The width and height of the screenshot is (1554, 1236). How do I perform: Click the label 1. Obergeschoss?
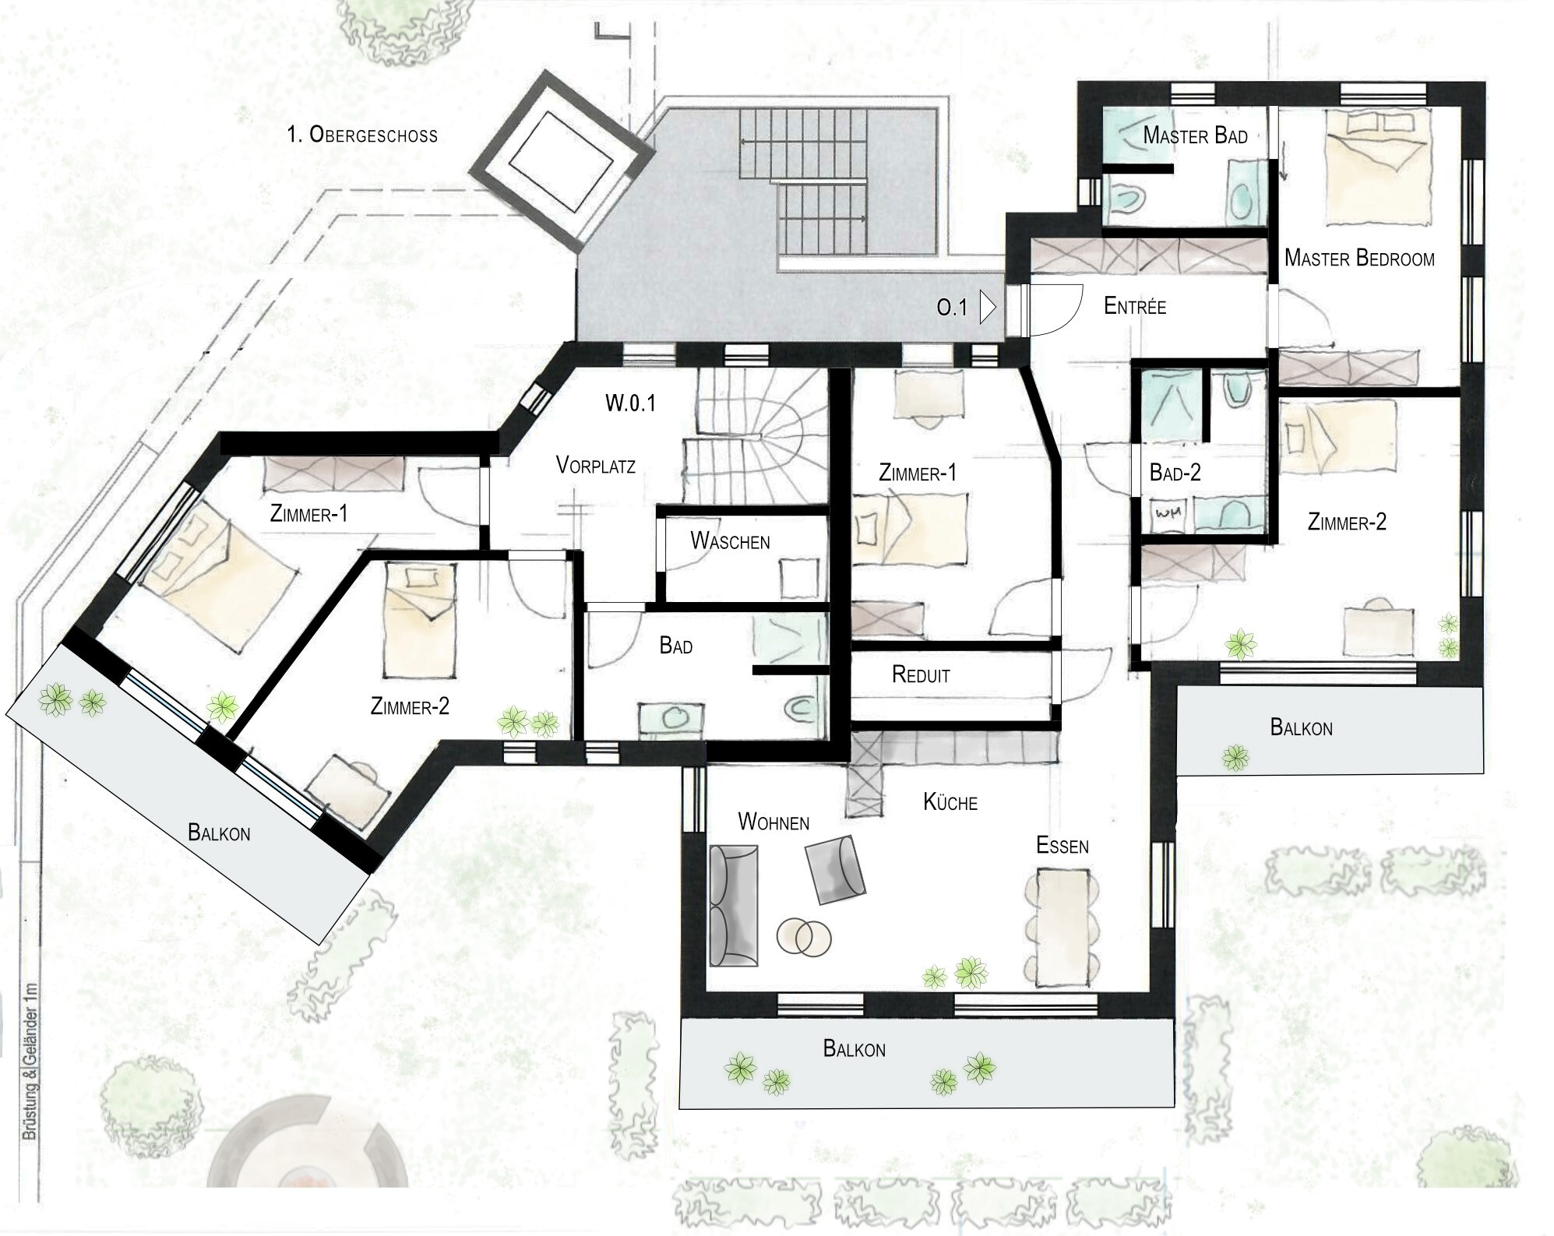[x=362, y=135]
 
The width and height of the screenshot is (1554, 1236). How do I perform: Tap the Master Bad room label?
[x=1195, y=136]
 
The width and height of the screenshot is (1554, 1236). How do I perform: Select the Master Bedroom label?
[x=1359, y=258]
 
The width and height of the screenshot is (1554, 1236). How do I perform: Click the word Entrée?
[x=1135, y=306]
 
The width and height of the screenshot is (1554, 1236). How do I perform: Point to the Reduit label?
[x=921, y=675]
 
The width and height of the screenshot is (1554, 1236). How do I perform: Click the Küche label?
[x=950, y=802]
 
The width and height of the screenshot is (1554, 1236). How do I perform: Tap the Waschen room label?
[x=730, y=541]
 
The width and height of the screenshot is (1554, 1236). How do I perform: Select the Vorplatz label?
[x=596, y=466]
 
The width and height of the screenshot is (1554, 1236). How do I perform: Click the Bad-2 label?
[x=1175, y=473]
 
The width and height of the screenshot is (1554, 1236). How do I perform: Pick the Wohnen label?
[x=773, y=822]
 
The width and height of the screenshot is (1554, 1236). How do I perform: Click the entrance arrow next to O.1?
[x=988, y=307]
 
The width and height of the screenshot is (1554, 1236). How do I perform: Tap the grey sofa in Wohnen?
[x=733, y=907]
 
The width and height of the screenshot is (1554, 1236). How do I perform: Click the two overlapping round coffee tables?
[x=804, y=935]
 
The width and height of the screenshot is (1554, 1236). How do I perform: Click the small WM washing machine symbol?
[x=1167, y=515]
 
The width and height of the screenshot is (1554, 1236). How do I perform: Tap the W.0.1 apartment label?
[x=630, y=403]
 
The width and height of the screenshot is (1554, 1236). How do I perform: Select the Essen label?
[x=1062, y=845]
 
